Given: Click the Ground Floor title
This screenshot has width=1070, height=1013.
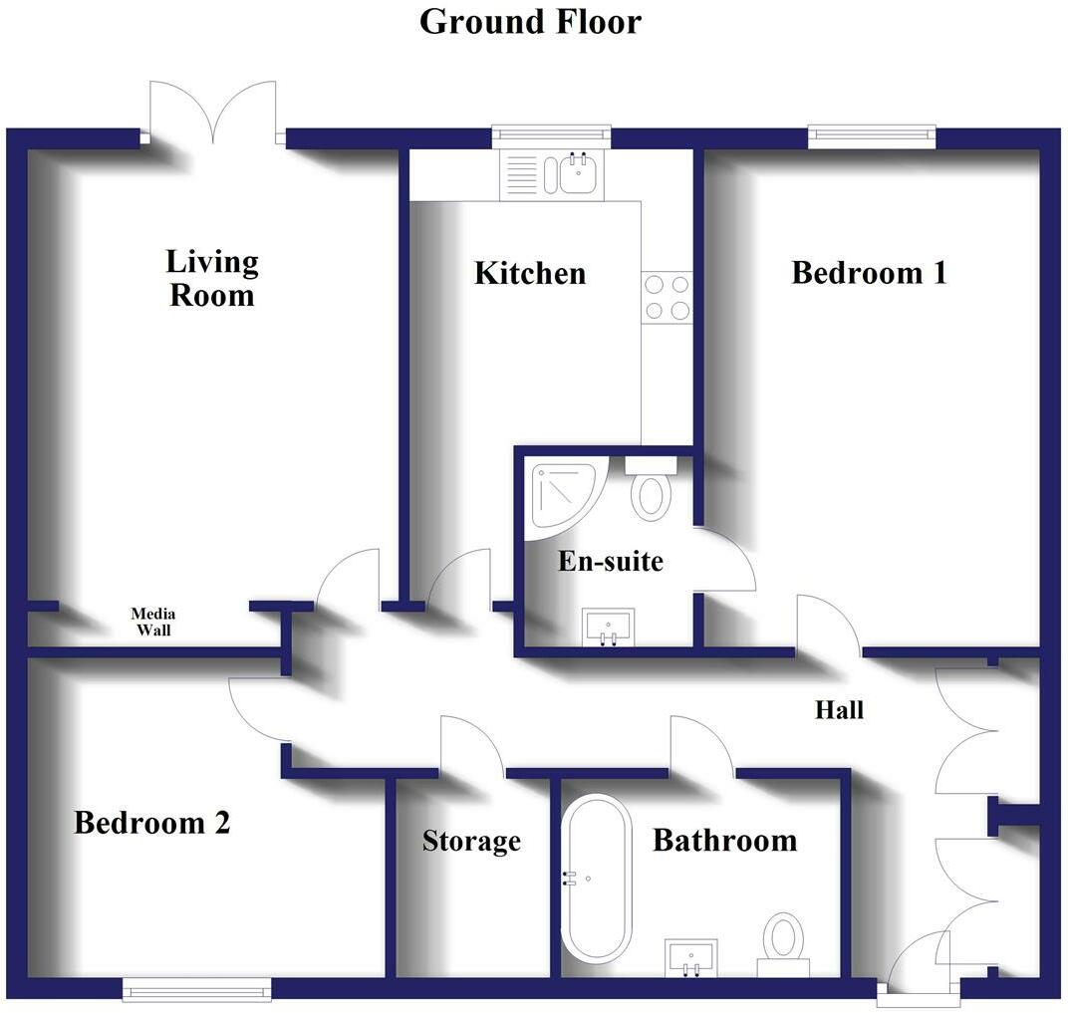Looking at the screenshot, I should click(530, 21).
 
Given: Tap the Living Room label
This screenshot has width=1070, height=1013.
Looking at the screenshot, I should click(211, 279).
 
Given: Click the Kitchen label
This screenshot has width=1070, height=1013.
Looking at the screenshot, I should click(529, 273).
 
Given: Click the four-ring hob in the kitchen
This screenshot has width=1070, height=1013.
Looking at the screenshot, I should click(667, 297).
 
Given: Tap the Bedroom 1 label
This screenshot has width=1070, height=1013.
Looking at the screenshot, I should click(869, 273).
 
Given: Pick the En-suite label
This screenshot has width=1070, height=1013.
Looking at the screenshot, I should click(610, 562).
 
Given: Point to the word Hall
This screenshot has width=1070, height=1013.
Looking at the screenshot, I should click(839, 710).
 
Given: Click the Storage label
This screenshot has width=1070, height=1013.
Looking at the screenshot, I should click(471, 841).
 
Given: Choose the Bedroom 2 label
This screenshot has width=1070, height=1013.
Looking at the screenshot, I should click(152, 824).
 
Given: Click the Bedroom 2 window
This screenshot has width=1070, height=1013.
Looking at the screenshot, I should click(196, 989).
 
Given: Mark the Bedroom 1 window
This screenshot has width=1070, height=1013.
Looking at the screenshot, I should click(872, 135).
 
